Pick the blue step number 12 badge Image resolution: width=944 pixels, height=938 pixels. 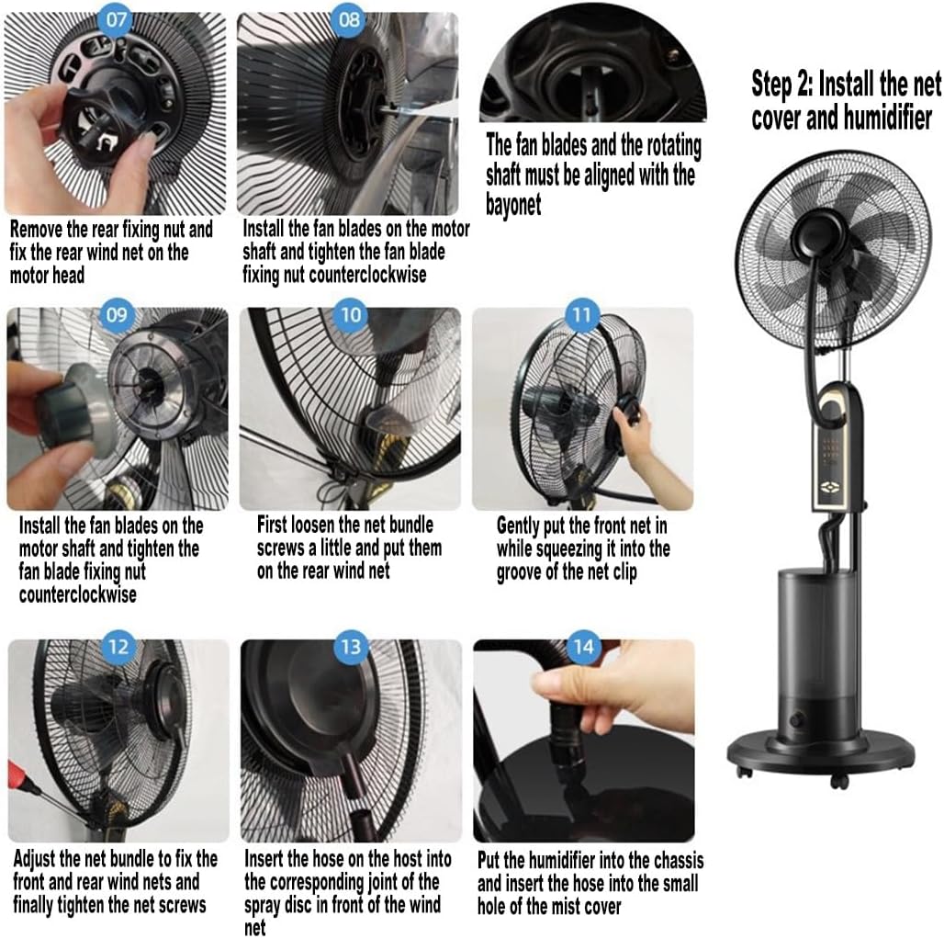(118, 646)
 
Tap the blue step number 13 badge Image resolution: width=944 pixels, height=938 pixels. (351, 646)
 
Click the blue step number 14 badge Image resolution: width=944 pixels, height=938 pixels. (583, 647)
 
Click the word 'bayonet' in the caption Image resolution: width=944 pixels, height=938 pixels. (513, 203)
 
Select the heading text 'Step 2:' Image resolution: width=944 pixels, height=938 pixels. (782, 85)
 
